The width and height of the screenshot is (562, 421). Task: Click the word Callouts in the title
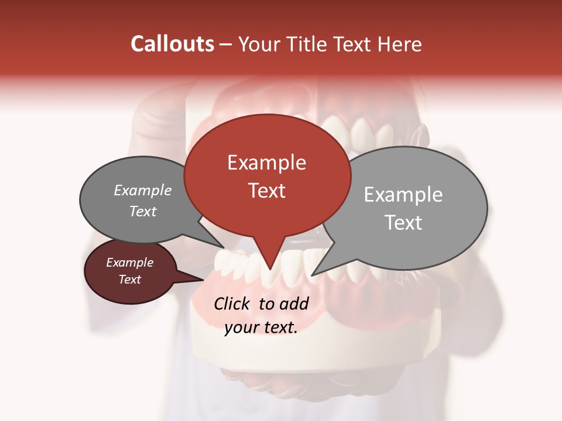(172, 44)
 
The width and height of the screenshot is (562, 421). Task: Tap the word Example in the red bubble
(266, 163)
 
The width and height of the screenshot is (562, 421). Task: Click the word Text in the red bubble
(266, 191)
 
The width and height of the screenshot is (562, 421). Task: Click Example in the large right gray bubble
(403, 195)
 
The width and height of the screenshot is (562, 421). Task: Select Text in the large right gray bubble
(403, 223)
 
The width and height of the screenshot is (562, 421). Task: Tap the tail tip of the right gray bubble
(313, 274)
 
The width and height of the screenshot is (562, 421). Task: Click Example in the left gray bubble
(143, 191)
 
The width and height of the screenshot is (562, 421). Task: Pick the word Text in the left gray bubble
(143, 212)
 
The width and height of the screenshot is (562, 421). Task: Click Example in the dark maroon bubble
(129, 263)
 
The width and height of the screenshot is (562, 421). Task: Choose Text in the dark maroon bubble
(129, 279)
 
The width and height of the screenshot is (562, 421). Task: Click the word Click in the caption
(233, 303)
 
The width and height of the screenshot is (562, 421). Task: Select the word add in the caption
(294, 303)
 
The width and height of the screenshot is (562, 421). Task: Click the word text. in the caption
(279, 327)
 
